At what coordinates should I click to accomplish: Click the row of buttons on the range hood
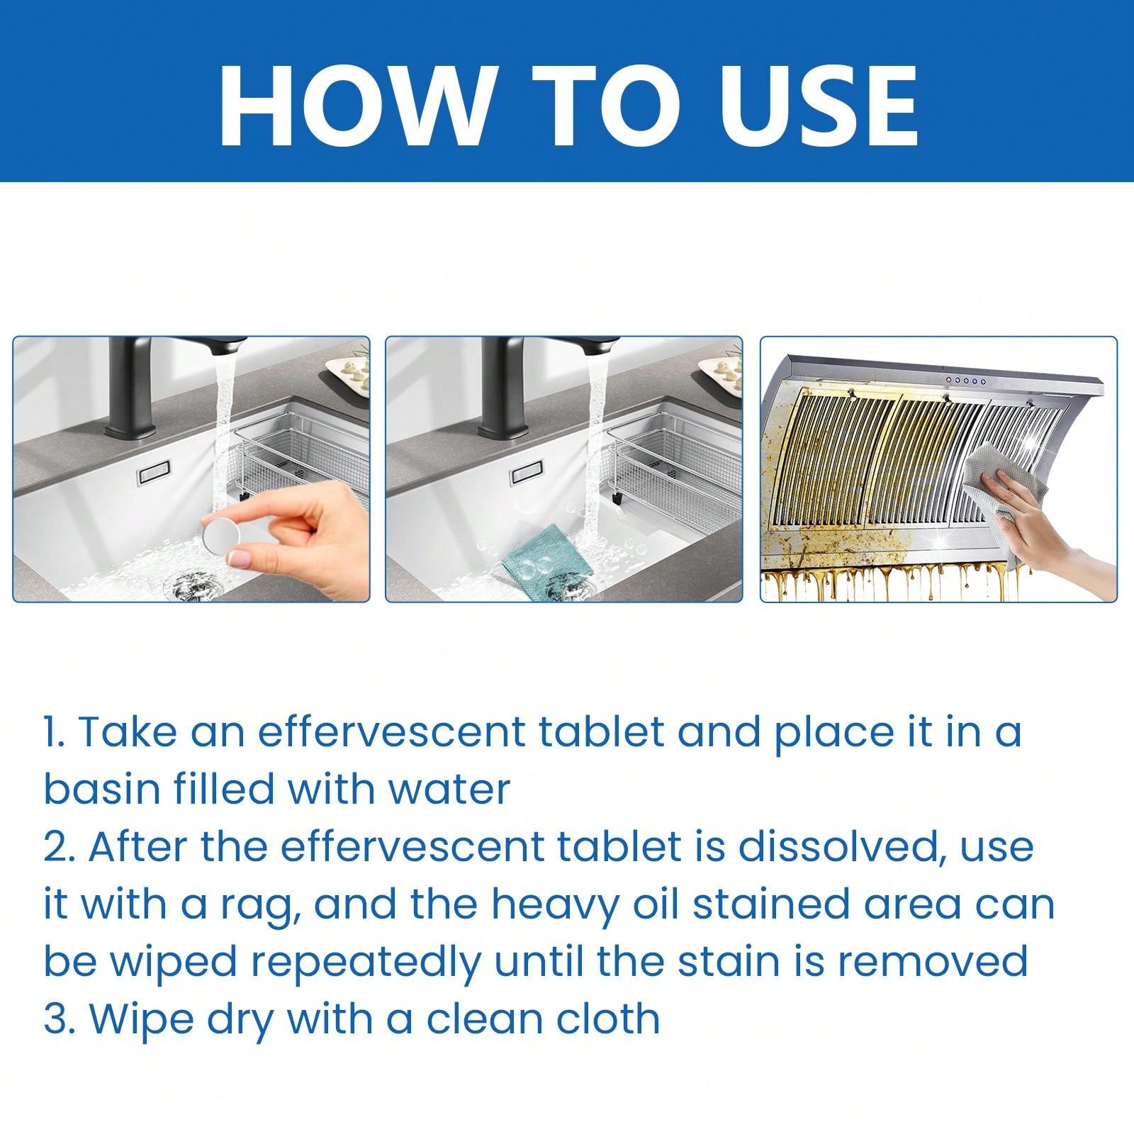click(966, 381)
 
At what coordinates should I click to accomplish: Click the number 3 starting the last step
click(53, 1019)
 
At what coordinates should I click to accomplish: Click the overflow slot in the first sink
click(153, 473)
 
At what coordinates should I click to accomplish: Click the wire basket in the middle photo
click(666, 454)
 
